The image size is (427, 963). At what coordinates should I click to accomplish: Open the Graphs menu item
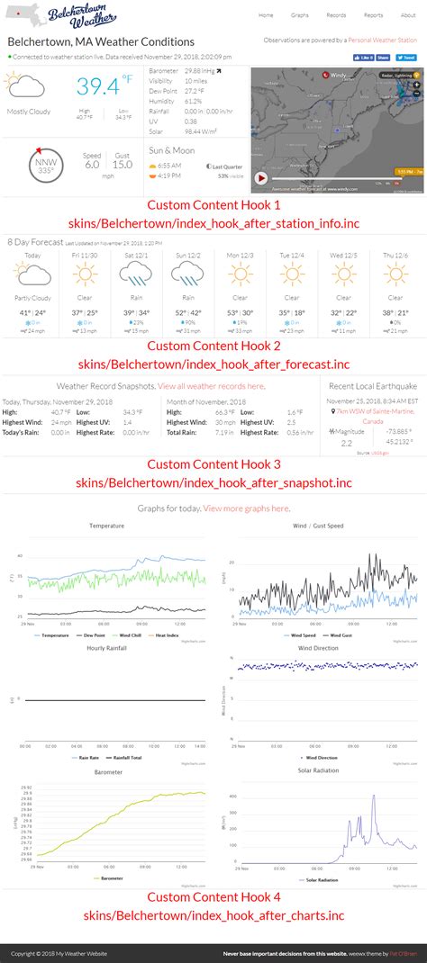(300, 15)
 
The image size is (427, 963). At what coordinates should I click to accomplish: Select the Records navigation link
(336, 15)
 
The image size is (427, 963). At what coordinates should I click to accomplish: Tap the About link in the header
(408, 15)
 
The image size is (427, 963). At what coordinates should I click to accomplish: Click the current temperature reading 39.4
(97, 86)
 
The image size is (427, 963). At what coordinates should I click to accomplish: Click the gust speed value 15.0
(123, 165)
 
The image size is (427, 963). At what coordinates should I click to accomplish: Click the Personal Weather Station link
(382, 40)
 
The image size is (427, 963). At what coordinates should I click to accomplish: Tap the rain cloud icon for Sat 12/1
(137, 274)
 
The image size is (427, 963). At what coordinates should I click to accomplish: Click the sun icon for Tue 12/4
(291, 274)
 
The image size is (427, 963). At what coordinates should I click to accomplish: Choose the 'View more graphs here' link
(247, 508)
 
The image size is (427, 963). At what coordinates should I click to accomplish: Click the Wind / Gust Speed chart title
(318, 526)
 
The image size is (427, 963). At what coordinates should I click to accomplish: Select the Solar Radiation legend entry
(323, 879)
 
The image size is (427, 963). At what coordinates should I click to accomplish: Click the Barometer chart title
(106, 770)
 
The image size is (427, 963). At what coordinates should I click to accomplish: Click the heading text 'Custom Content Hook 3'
(213, 464)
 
